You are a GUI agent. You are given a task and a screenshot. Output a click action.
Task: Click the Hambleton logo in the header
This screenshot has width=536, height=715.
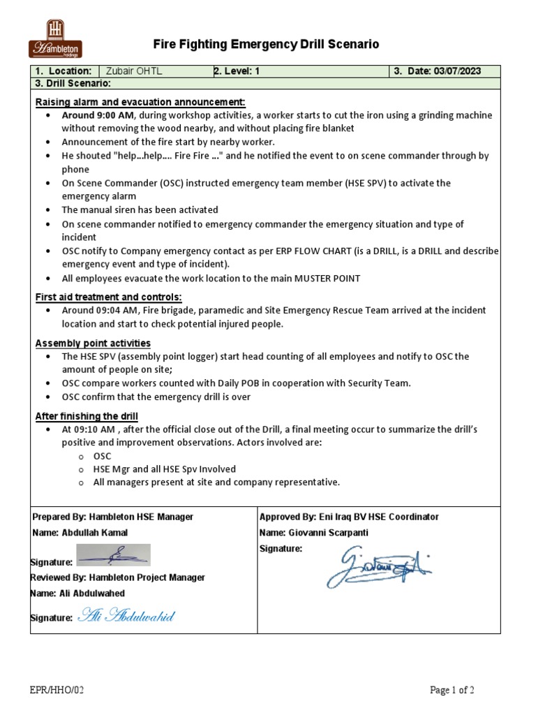click(x=55, y=39)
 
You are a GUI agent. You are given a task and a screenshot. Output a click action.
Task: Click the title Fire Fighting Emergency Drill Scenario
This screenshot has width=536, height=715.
click(x=266, y=45)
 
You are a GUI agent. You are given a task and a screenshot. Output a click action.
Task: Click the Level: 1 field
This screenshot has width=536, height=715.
click(x=237, y=71)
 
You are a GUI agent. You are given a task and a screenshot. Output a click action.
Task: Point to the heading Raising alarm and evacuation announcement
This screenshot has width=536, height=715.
click(x=140, y=102)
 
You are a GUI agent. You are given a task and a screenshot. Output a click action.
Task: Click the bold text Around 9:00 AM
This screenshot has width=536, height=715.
click(x=98, y=115)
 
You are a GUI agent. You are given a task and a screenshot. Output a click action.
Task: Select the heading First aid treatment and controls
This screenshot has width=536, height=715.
click(x=108, y=297)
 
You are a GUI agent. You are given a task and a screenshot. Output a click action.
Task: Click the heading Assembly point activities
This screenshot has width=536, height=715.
click(x=93, y=343)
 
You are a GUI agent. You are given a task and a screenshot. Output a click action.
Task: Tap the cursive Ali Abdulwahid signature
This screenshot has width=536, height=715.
click(x=126, y=615)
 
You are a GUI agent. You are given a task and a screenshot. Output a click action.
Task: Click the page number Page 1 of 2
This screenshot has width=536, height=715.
click(x=452, y=691)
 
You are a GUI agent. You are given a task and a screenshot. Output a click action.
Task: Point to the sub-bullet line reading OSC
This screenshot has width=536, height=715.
click(x=103, y=456)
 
